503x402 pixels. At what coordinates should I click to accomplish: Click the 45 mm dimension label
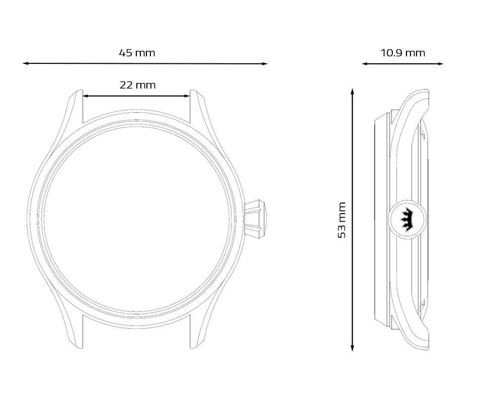pyautogui.click(x=137, y=53)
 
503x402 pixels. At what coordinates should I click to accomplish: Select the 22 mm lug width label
pyautogui.click(x=138, y=85)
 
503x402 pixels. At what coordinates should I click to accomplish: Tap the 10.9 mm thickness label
pyautogui.click(x=403, y=53)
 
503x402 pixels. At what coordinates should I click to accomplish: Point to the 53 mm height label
pyautogui.click(x=342, y=220)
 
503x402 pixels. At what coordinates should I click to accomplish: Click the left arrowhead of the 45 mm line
pyautogui.click(x=25, y=63)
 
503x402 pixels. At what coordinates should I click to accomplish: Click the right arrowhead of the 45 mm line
pyautogui.click(x=265, y=64)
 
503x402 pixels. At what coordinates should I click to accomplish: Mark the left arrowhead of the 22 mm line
pyautogui.click(x=86, y=96)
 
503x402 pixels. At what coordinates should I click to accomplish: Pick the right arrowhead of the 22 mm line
pyautogui.click(x=187, y=96)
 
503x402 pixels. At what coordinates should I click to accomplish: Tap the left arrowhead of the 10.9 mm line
pyautogui.click(x=365, y=64)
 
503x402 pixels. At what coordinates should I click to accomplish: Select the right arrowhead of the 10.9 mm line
pyautogui.click(x=441, y=64)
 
